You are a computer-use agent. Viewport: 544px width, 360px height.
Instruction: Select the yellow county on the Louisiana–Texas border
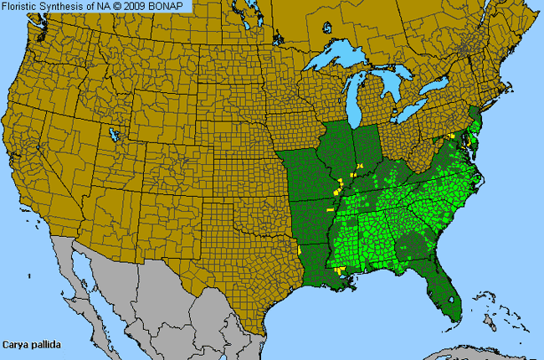[300, 250]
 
